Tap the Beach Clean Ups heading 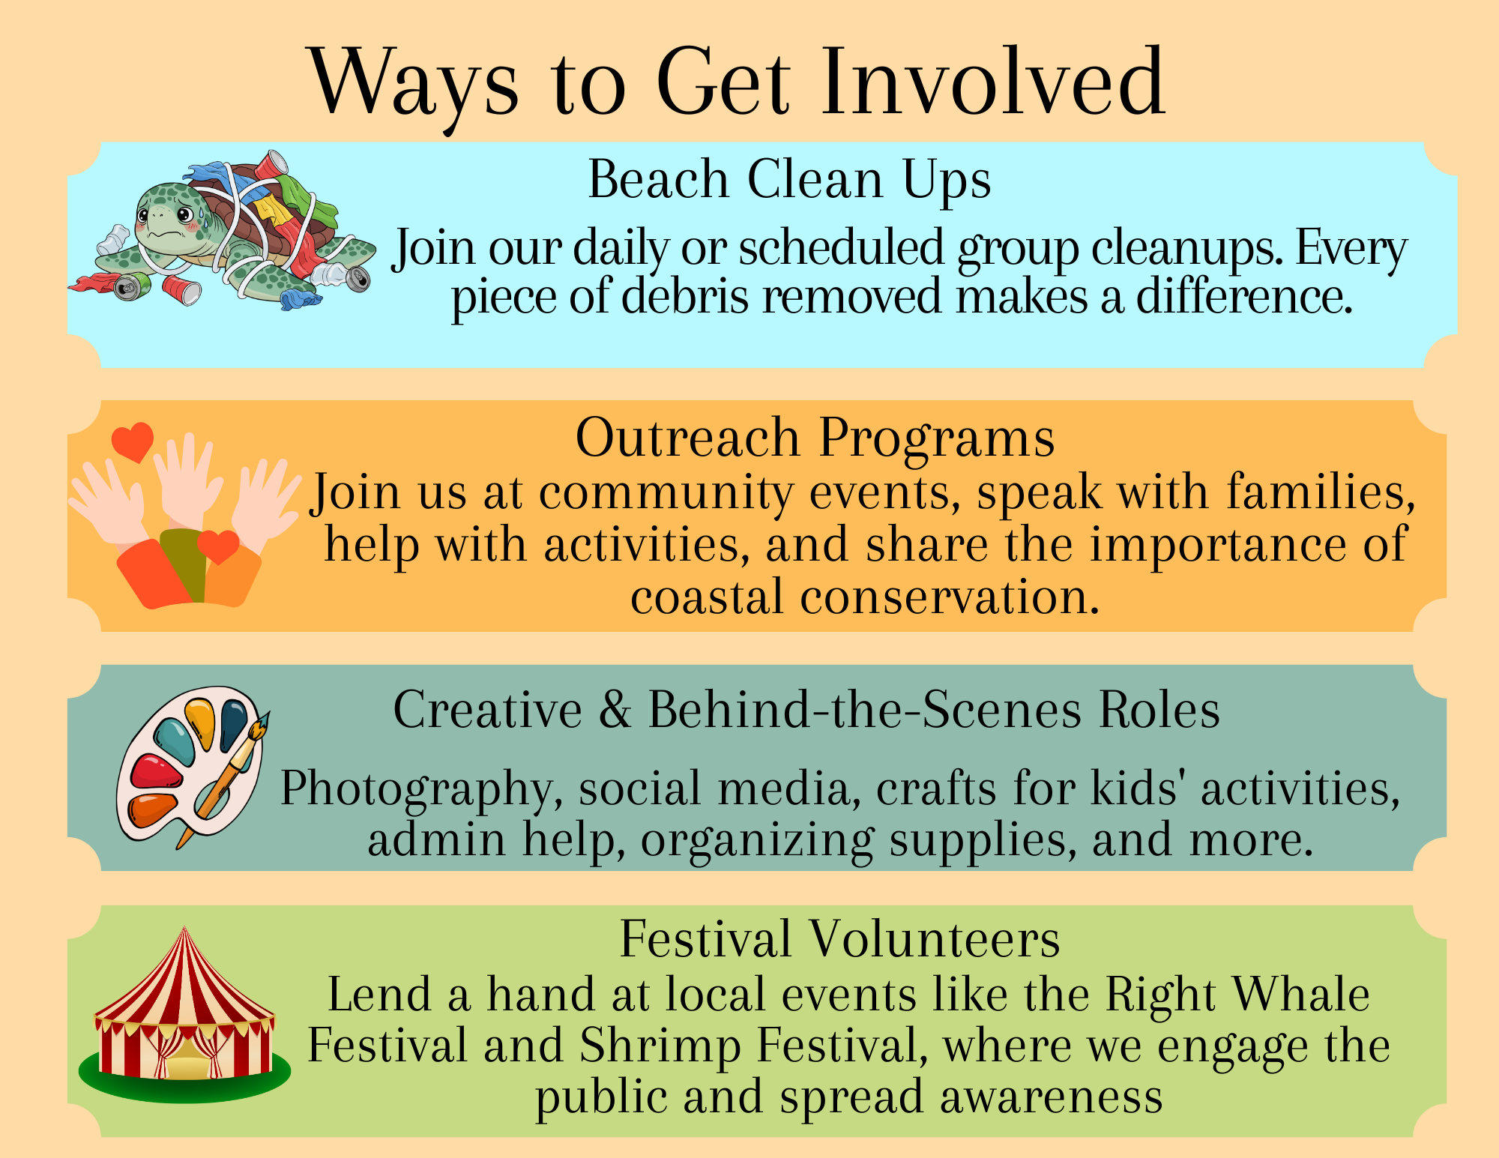(789, 180)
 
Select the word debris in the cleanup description (685, 296)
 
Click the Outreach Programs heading (815, 438)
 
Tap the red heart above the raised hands (133, 441)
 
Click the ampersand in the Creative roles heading (615, 710)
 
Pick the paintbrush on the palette (223, 779)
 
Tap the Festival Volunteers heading (839, 939)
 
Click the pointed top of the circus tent (184, 929)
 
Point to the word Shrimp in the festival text (660, 1046)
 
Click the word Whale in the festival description (1301, 995)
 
